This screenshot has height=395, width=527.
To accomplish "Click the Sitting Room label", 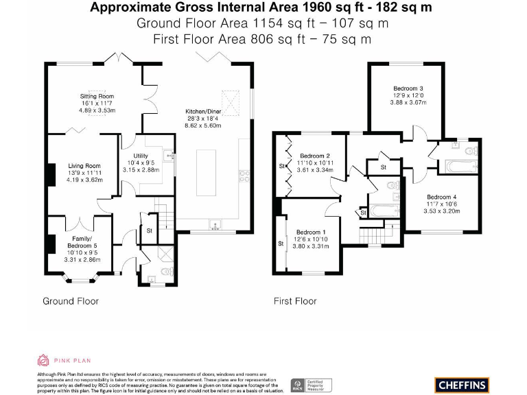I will click(x=97, y=97).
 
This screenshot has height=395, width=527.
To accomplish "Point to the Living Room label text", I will click(x=84, y=166).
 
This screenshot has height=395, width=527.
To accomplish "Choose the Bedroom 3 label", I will click(x=408, y=88).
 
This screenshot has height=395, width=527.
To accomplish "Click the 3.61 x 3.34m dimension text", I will click(x=316, y=170).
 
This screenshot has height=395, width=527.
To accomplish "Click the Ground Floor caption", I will click(x=71, y=301).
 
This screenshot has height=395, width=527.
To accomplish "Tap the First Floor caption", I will click(x=295, y=301).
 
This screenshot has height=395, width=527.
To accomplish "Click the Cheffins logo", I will click(x=461, y=384).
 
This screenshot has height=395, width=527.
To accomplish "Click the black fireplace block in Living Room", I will click(x=51, y=175).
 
